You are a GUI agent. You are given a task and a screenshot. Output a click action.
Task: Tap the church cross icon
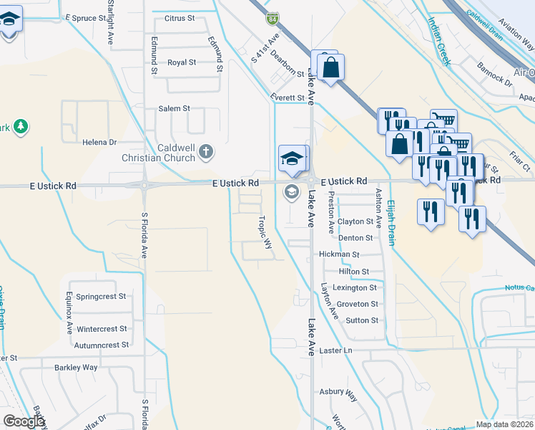pyautogui.click(x=206, y=150)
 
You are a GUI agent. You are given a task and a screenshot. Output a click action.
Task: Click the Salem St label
pyautogui.click(x=174, y=108)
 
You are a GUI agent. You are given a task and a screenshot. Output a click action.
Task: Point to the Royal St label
pyautogui.click(x=182, y=62)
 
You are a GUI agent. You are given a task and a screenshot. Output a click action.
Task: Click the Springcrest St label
pyautogui.click(x=101, y=296)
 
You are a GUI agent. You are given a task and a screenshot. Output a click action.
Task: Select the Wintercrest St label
pyautogui.click(x=101, y=329)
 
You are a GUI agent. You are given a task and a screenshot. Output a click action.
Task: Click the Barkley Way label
pyautogui.click(x=76, y=368)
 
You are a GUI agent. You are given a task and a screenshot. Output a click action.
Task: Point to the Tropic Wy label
pyautogui.click(x=265, y=233)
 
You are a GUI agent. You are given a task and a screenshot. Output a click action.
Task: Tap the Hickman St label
pyautogui.click(x=339, y=254)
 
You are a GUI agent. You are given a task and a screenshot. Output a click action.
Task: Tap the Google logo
pyautogui.click(x=24, y=422)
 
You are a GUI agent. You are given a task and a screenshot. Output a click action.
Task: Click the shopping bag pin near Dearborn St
pyautogui.click(x=331, y=68)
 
